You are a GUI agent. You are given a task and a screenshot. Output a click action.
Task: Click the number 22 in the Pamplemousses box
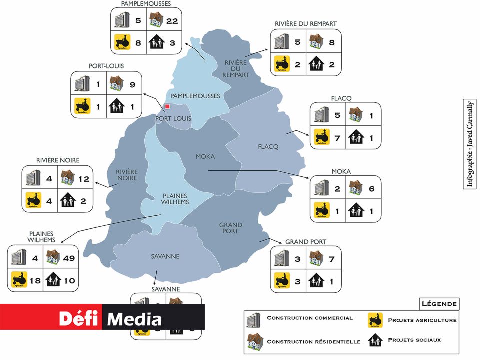(x=172, y=21)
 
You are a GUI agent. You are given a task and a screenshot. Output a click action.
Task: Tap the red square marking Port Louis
(x=168, y=106)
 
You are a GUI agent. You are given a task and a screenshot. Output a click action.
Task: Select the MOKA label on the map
(x=205, y=156)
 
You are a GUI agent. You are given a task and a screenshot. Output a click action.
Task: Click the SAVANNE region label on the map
(x=165, y=256)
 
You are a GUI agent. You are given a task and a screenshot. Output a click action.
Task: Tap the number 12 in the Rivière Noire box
(x=83, y=178)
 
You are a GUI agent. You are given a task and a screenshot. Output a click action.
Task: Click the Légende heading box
(x=439, y=304)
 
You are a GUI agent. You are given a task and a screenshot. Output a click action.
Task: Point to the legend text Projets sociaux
(x=414, y=340)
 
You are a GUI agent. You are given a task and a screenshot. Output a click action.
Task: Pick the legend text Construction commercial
(x=310, y=318)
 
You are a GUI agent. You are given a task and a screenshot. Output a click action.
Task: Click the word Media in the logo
(x=134, y=319)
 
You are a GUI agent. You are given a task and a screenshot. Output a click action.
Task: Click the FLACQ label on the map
(x=268, y=146)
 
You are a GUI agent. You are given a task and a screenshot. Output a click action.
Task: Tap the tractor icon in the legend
(x=374, y=319)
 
